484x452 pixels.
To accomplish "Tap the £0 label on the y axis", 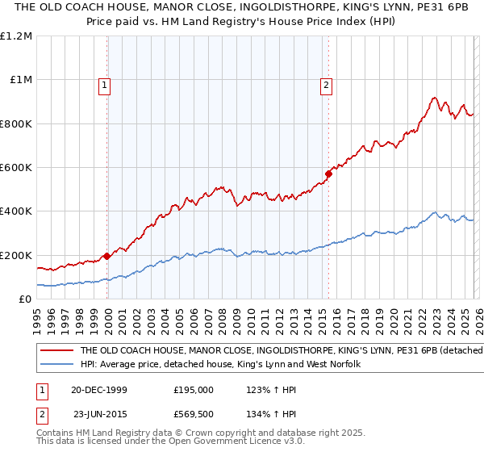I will coord(25,299).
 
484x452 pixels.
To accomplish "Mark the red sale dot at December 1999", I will coord(107,256).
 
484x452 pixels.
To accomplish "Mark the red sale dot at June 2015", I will coord(328,174).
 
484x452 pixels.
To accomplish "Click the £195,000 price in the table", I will coord(193,389).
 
